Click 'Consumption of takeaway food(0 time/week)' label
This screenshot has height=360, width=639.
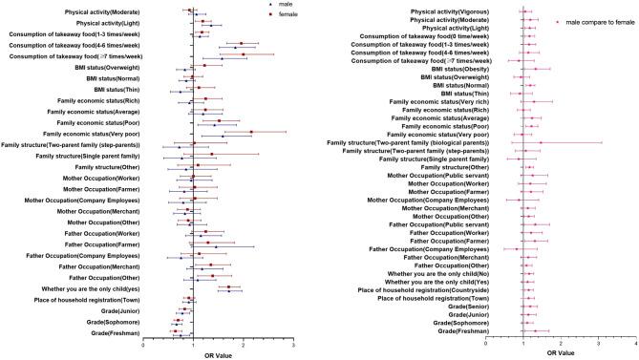420,35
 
